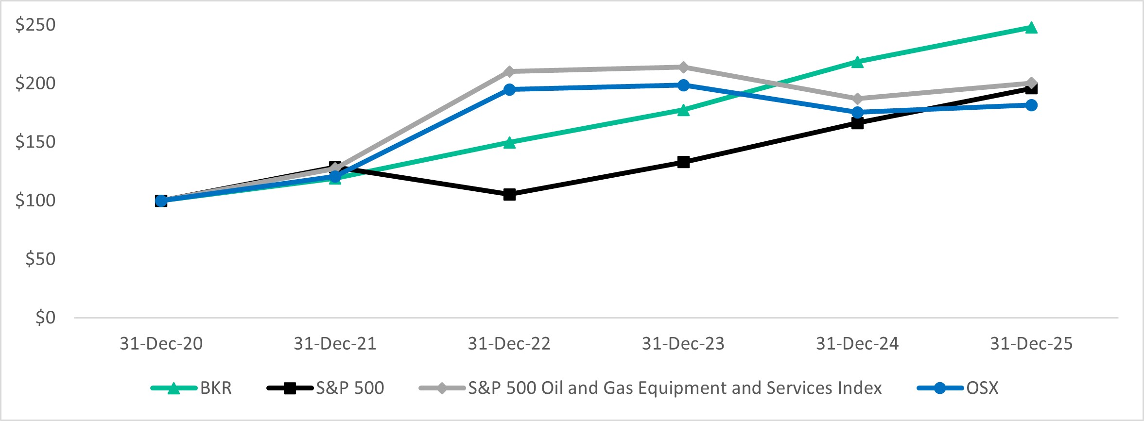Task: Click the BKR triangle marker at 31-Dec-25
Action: point(1031,28)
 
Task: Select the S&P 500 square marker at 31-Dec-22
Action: point(509,195)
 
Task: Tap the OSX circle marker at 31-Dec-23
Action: point(683,85)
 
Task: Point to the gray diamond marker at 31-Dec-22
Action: point(509,71)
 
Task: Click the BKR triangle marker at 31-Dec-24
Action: point(857,62)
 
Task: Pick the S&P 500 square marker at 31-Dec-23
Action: point(683,162)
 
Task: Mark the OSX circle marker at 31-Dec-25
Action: point(1031,105)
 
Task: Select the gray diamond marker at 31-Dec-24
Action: point(857,99)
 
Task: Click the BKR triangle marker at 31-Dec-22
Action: point(509,143)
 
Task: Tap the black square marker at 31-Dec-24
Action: point(857,123)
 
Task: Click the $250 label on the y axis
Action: point(35,25)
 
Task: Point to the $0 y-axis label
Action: point(45,318)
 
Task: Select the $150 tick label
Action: point(35,142)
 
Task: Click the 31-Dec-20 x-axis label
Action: point(161,344)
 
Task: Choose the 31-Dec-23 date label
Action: point(683,344)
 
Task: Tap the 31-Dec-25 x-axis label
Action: point(1031,344)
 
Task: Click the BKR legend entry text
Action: point(216,388)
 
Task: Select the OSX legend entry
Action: point(982,388)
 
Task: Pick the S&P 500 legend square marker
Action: point(290,388)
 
